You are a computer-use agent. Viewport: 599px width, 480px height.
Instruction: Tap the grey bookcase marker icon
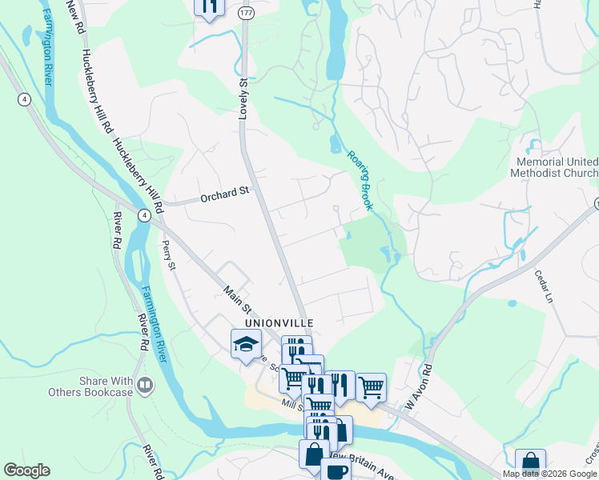(145, 386)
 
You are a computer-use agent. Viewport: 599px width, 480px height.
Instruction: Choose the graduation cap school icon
(247, 344)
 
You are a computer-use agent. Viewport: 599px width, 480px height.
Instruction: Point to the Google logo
(26, 470)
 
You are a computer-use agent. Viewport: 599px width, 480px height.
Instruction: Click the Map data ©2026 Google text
(549, 474)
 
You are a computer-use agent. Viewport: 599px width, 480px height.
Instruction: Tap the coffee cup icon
(335, 470)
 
